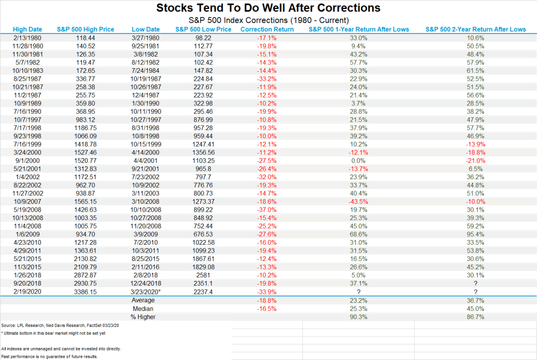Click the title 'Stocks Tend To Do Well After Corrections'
[x=268, y=8]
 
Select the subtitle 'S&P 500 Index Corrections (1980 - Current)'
[x=268, y=20]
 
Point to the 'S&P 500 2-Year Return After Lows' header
[x=476, y=29]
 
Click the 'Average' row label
[x=143, y=300]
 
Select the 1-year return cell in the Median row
[x=359, y=309]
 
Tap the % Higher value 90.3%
[x=359, y=318]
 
